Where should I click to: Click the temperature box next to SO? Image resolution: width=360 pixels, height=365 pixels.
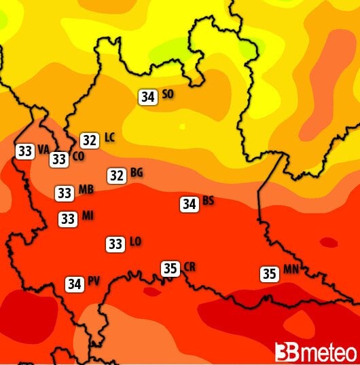147,96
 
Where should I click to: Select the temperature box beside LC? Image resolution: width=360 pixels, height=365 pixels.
89,140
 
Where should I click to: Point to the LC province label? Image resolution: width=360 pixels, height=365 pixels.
109,138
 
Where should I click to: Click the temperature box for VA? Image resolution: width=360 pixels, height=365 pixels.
25,151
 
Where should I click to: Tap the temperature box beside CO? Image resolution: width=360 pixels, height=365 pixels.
59,159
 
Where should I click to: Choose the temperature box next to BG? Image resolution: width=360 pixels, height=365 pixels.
117,176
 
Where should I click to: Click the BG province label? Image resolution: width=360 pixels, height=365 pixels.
137,172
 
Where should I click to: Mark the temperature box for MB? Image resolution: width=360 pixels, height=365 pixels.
65,193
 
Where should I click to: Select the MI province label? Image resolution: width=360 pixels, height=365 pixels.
88,216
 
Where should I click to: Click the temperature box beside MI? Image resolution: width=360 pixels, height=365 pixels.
68,219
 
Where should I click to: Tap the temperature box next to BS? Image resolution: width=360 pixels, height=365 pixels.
190,204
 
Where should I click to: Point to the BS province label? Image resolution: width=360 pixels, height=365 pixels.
209,201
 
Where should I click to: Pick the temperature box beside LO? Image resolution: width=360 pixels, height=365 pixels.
115,244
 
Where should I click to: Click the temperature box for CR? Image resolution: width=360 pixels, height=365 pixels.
170,268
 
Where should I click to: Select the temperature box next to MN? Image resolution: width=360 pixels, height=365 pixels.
270,274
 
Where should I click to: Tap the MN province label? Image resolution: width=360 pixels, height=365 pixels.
291,269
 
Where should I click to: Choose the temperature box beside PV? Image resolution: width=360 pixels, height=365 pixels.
75,284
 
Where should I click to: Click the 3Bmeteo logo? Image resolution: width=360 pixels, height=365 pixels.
315,352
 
